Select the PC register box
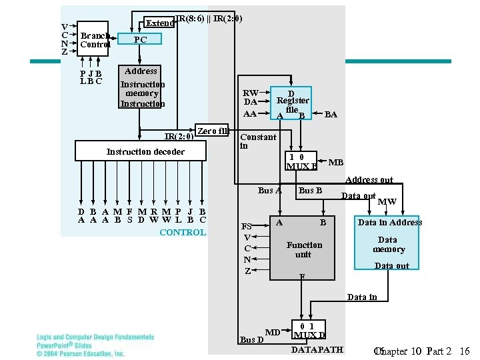pos(140,40)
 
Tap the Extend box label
pos(160,23)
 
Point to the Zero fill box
pos(213,131)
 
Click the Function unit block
pos(303,249)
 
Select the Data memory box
pos(389,245)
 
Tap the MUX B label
pos(301,167)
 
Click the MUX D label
pos(309,334)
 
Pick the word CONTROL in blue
pos(183,233)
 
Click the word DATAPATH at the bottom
pos(317,349)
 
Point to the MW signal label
pos(387,202)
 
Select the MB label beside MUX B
pos(336,163)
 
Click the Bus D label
pos(251,339)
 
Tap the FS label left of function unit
pos(247,226)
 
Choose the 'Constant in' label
pos(257,141)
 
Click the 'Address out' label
pos(369,180)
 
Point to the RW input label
pos(251,93)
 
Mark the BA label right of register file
pos(331,115)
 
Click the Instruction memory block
pos(142,88)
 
